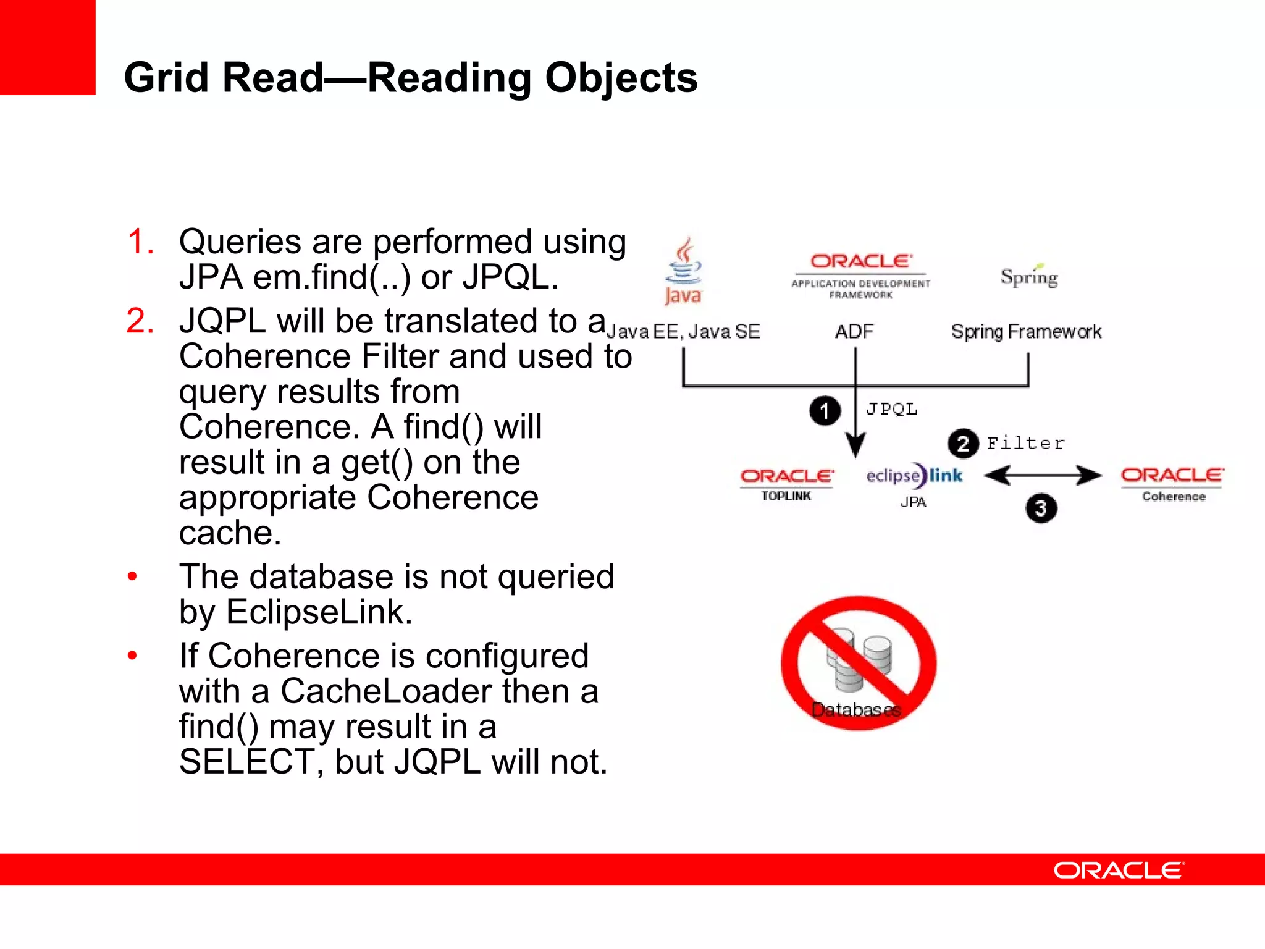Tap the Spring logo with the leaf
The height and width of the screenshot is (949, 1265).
coord(1029,276)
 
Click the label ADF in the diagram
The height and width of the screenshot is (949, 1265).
coord(854,332)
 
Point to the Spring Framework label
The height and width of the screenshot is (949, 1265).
coord(1026,332)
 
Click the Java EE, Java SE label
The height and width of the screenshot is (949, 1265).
coord(683,332)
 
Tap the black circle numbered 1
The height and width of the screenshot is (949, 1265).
coord(825,411)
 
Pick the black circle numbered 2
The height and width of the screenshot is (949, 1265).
coord(963,444)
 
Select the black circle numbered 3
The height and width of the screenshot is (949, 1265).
coord(1041,508)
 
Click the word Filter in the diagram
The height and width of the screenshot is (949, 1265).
coord(1026,443)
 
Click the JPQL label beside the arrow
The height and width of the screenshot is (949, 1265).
coord(891,409)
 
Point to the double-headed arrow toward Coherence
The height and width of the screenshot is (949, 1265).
coord(1043,475)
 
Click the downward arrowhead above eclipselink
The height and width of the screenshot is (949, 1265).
coord(855,444)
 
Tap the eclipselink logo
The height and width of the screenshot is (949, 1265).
coord(914,476)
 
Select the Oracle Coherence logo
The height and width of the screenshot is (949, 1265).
coord(1172,483)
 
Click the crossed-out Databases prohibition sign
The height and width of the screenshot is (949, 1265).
coord(858,663)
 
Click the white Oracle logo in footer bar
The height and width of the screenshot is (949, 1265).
coord(1119,870)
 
